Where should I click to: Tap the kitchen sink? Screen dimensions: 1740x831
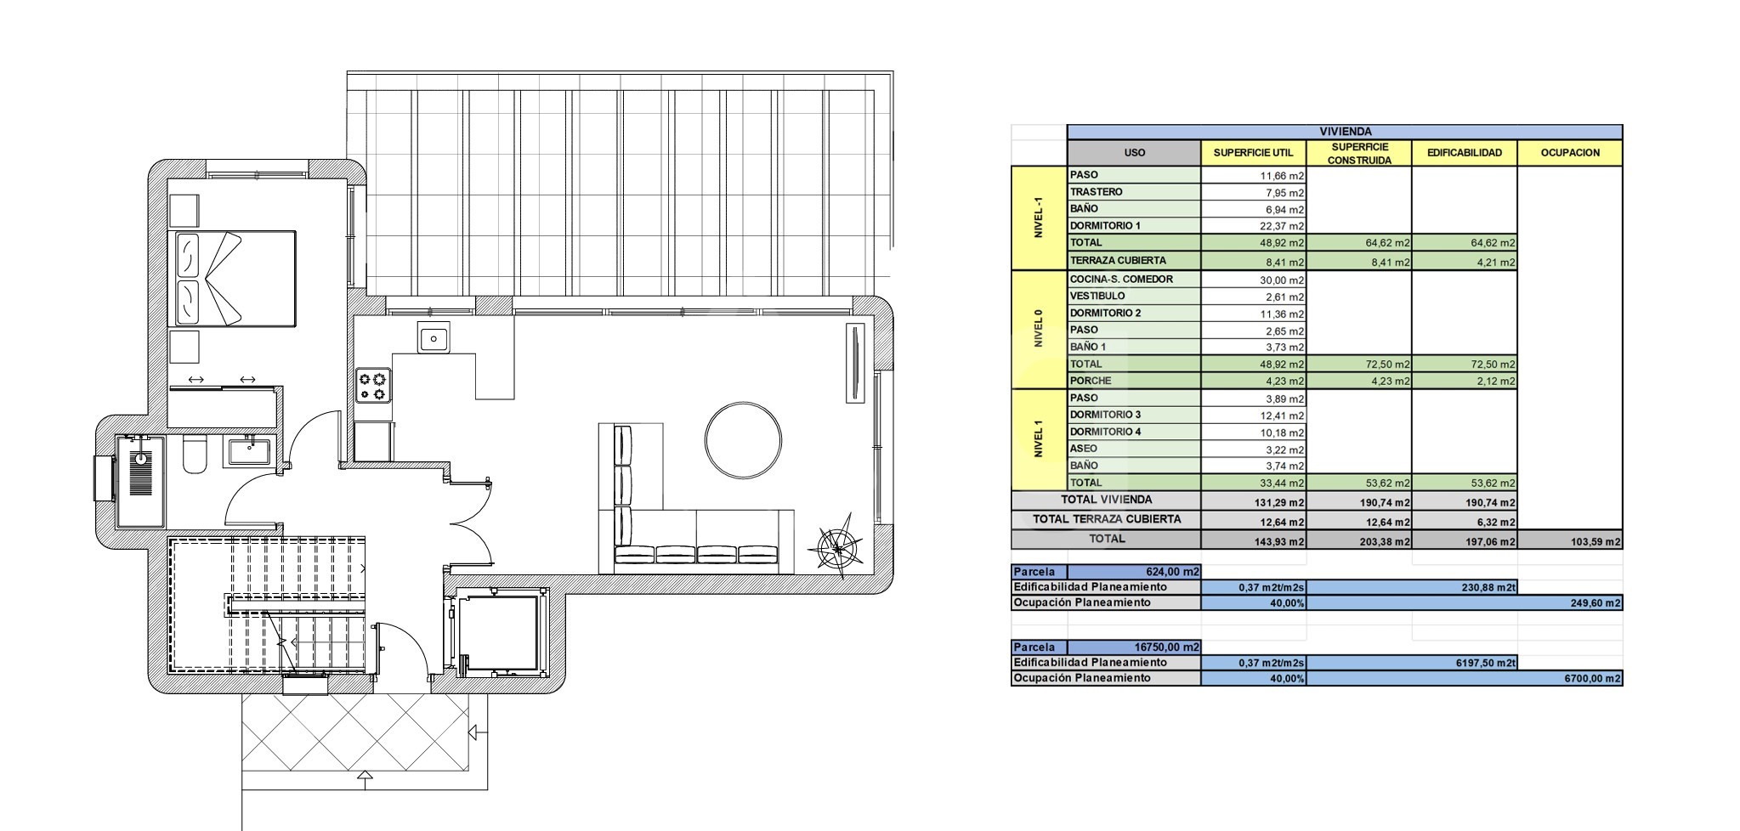(x=434, y=338)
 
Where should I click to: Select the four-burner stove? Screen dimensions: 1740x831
(x=373, y=385)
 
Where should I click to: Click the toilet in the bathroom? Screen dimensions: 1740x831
(x=195, y=455)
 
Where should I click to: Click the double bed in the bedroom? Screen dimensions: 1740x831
(x=235, y=278)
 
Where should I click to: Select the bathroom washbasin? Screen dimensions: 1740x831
(x=249, y=450)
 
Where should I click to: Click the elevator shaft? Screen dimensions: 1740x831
(x=498, y=633)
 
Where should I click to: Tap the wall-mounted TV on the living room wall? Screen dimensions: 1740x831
(x=854, y=362)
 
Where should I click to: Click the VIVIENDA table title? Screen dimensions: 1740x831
(x=1345, y=132)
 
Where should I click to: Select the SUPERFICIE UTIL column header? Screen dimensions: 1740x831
(x=1253, y=153)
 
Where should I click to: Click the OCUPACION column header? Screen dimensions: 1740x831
(x=1570, y=153)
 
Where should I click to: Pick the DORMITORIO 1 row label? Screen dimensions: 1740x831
(x=1105, y=226)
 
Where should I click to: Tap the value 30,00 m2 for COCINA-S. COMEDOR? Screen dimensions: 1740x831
(x=1282, y=280)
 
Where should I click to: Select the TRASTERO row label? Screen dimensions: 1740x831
(x=1097, y=192)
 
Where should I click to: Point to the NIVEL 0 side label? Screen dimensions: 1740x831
(x=1038, y=329)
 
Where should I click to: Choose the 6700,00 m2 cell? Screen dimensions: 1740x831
(x=1593, y=678)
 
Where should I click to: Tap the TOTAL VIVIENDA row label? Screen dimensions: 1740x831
(x=1107, y=500)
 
